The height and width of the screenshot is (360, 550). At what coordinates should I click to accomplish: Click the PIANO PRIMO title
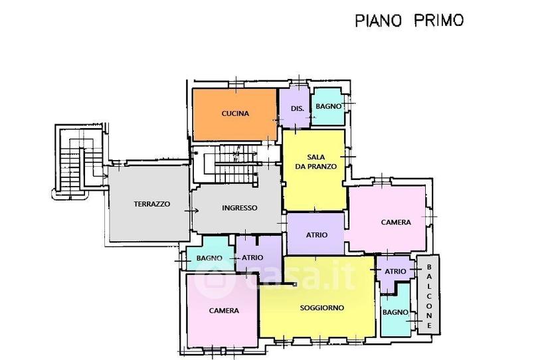click(x=409, y=21)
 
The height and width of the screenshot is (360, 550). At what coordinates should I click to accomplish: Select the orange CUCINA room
click(x=235, y=114)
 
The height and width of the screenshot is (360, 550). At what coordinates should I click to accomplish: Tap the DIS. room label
click(x=298, y=108)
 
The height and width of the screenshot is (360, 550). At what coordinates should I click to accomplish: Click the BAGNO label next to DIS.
click(x=329, y=106)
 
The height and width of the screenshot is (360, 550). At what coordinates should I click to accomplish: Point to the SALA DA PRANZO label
click(x=316, y=162)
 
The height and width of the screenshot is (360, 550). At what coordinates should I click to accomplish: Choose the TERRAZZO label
click(x=152, y=204)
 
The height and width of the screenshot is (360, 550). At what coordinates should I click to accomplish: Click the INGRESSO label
click(x=240, y=208)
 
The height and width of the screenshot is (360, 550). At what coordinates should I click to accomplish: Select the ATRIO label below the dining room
click(x=316, y=234)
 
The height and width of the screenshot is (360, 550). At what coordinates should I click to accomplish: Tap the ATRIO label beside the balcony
click(x=395, y=271)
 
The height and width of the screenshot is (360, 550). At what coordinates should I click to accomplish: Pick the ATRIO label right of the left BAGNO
click(x=252, y=258)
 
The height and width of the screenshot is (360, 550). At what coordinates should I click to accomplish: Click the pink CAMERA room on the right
click(x=387, y=219)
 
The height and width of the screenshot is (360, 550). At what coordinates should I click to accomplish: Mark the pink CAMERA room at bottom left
click(x=223, y=310)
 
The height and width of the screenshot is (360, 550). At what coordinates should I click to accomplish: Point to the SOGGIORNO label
click(x=322, y=308)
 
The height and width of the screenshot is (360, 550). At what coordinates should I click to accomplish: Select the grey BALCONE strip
click(x=428, y=294)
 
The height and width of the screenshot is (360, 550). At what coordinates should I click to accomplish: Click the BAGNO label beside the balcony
click(x=395, y=312)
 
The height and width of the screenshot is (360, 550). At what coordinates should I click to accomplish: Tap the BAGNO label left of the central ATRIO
click(x=209, y=258)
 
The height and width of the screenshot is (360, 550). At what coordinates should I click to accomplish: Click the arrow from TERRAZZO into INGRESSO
click(x=192, y=211)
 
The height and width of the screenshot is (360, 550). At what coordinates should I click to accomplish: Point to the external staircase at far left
click(x=78, y=161)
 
